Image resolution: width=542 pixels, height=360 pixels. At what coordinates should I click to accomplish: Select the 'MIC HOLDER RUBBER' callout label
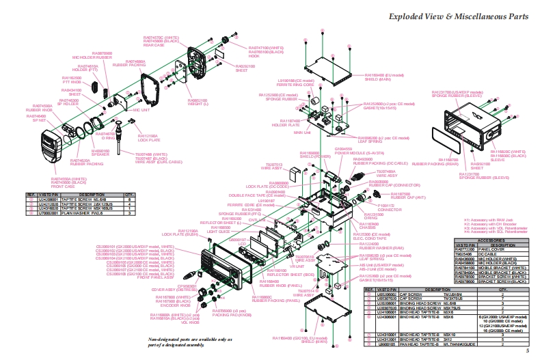coord(97,57)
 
